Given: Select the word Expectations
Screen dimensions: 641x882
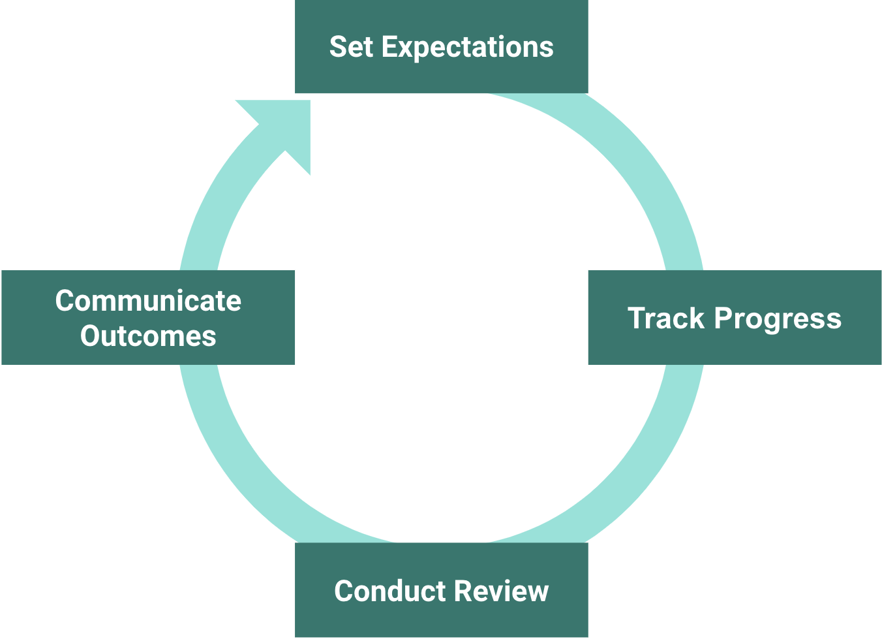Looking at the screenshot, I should click(x=467, y=48).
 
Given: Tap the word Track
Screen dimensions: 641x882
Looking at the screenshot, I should click(x=666, y=319).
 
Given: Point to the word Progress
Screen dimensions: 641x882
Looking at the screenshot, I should click(x=778, y=319).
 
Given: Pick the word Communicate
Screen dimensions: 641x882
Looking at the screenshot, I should click(x=148, y=301).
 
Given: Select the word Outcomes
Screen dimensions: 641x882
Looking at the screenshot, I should click(x=148, y=336).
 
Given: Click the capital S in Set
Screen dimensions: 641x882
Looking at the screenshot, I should click(x=338, y=47).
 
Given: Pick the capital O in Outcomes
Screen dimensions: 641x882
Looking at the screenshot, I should click(x=90, y=336).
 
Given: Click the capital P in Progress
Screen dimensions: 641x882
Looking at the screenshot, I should click(x=723, y=319).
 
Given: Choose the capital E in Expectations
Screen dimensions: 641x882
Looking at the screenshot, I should click(x=389, y=47).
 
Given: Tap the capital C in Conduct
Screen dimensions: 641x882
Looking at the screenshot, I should click(x=344, y=591).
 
